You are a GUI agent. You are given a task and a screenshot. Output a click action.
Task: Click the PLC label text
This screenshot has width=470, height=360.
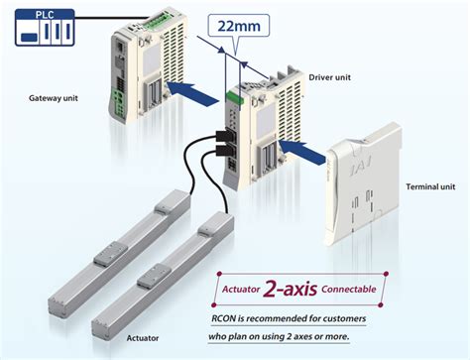39,14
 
